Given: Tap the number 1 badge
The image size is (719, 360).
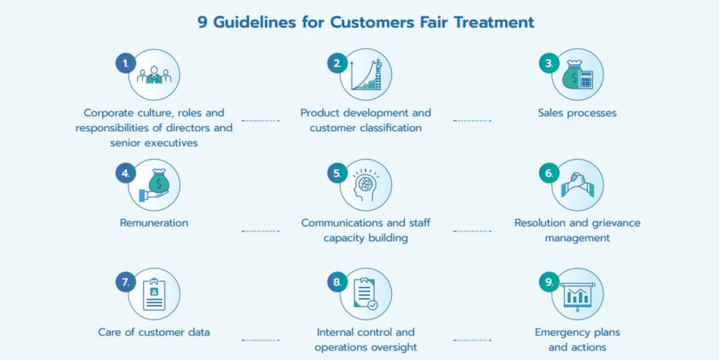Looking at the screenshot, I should point(125,63).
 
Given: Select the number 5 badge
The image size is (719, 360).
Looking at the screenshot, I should point(337,173).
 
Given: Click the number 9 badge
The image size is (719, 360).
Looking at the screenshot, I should point(549,282).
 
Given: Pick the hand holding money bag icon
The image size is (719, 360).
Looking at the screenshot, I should point(154,185).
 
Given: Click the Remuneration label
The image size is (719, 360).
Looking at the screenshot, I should point(154,222).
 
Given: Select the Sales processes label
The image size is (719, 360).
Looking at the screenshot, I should point(577,113).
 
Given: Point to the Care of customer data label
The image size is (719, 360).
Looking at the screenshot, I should point(154,332).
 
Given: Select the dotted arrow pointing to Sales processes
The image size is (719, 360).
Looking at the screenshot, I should point(472,120).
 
